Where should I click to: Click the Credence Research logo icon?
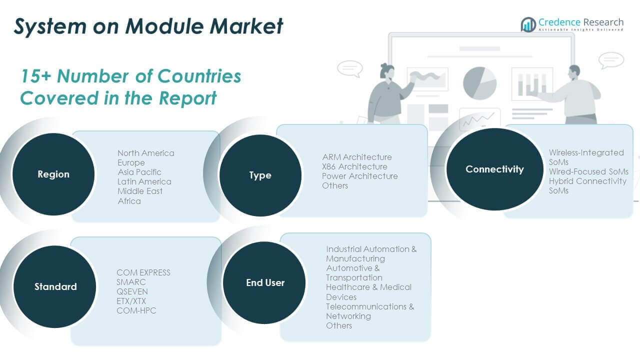click(528, 24)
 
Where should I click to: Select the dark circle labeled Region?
click(53, 174)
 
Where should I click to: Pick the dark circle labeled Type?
click(260, 175)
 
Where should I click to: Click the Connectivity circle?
click(494, 169)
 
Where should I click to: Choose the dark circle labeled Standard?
click(55, 286)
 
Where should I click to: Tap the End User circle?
click(264, 282)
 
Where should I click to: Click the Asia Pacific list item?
click(139, 172)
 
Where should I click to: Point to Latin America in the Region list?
click(144, 181)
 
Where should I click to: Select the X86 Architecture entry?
click(354, 166)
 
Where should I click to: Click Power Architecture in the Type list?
click(359, 176)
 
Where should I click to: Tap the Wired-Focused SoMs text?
click(588, 171)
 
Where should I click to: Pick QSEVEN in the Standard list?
click(132, 291)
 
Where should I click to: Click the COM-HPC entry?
click(136, 310)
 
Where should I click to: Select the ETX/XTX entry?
click(131, 301)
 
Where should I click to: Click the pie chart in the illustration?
click(479, 83)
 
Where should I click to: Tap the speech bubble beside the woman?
click(350, 69)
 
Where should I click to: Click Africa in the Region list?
click(129, 201)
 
